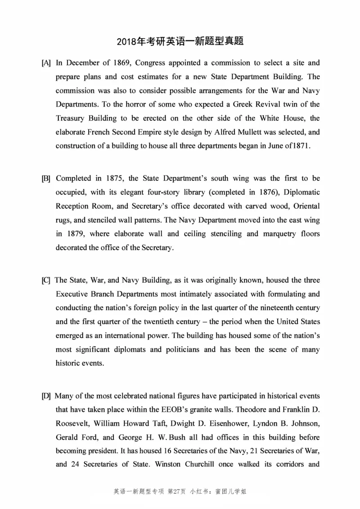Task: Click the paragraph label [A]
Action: point(46,63)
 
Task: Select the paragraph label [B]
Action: point(46,179)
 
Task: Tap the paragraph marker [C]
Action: point(46,281)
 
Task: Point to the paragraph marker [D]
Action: point(46,396)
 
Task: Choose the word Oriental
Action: point(304,206)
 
